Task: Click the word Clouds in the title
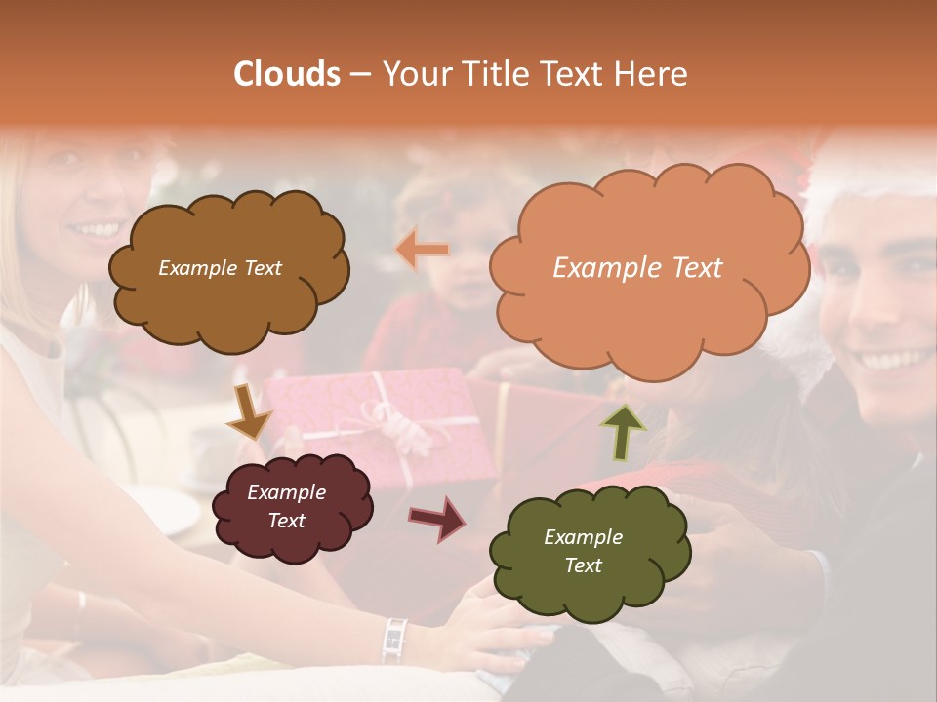(287, 74)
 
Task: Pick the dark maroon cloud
(291, 507)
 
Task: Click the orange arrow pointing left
(423, 250)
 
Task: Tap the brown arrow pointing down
(248, 412)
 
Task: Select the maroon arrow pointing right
(438, 518)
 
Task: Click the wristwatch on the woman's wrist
(393, 639)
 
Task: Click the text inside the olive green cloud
(583, 551)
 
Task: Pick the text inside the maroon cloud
(286, 506)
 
